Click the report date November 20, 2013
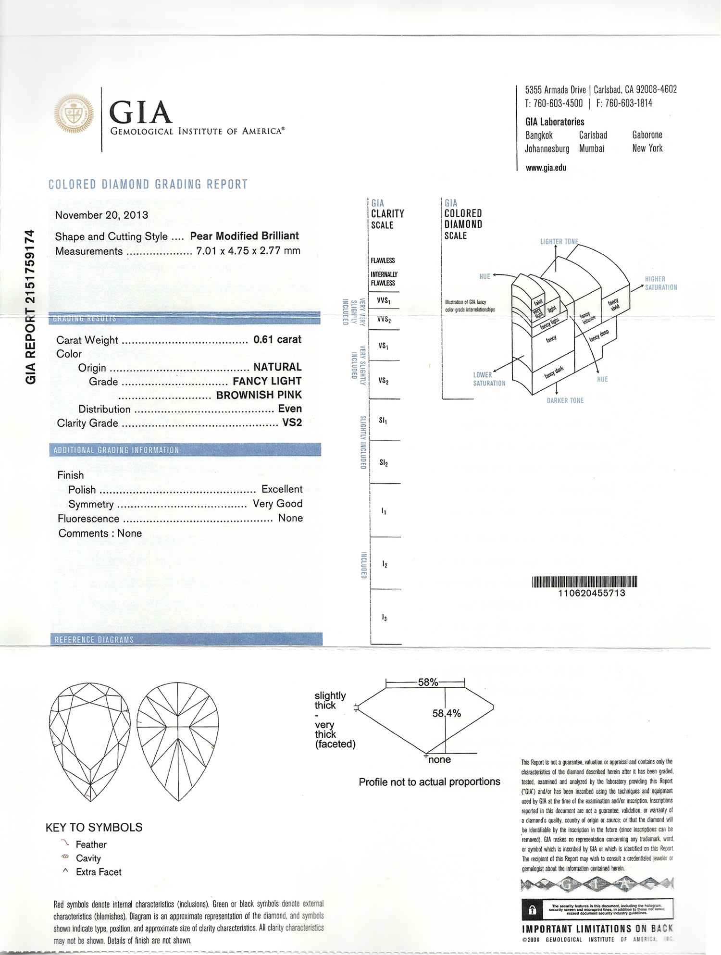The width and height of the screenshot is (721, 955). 101,215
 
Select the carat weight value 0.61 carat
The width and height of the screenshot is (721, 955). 277,339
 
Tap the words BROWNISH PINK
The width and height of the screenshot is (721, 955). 259,395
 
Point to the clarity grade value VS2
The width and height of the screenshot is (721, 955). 292,422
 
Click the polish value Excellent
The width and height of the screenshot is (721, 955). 282,489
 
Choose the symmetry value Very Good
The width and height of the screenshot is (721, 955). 277,503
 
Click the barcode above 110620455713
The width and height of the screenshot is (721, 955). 584,582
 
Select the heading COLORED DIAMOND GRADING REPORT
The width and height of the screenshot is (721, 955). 148,185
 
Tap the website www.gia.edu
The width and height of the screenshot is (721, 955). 546,168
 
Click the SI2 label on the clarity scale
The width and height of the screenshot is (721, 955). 384,462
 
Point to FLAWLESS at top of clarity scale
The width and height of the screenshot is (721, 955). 383,260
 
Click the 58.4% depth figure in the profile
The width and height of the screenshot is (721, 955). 447,714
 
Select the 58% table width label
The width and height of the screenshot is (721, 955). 428,682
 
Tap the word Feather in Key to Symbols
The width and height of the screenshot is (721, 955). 91,844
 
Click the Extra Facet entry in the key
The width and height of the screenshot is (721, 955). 99,872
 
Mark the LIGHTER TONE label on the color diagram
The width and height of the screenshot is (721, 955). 559,241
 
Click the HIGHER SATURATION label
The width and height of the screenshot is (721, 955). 660,283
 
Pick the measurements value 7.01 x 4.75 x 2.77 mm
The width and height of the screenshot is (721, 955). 248,250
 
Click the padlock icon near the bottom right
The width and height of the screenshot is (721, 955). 532,910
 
